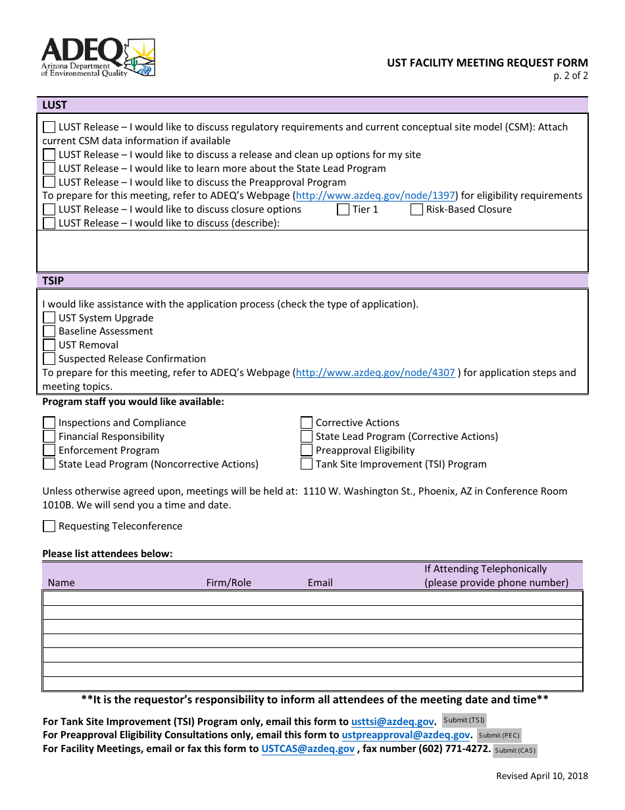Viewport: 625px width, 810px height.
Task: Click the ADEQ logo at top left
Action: tap(98, 57)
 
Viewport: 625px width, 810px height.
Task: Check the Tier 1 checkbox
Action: tap(343, 210)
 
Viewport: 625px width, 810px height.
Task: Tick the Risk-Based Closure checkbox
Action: tap(416, 210)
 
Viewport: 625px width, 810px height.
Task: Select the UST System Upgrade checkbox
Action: tap(49, 318)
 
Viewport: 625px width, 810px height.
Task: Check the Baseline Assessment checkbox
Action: tap(49, 332)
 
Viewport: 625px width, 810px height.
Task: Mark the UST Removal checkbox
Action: tap(49, 346)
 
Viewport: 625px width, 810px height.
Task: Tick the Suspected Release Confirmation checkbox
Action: tap(49, 360)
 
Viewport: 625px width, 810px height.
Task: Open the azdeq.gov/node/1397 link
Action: tap(375, 196)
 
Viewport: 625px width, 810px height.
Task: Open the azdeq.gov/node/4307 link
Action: tap(375, 373)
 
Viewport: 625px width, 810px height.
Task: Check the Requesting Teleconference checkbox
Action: tap(49, 527)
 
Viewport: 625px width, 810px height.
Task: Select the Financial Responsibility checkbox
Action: tap(49, 437)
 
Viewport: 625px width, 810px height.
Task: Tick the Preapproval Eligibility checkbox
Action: tap(307, 451)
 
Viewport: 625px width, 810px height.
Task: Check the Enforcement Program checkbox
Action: tap(49, 451)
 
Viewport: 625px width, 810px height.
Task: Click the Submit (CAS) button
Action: tap(515, 750)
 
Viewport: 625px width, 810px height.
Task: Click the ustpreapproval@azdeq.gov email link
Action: tap(406, 735)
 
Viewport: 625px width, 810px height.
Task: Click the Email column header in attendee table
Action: tap(320, 583)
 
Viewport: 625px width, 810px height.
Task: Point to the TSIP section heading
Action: tap(53, 281)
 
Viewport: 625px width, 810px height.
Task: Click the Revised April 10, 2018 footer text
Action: tap(542, 776)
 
